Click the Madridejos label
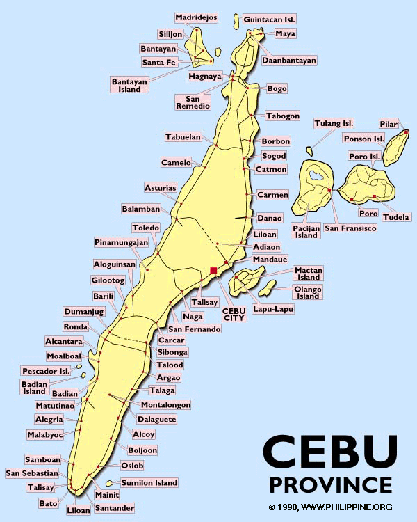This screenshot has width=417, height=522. (x=195, y=17)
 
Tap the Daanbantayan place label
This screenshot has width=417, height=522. (x=288, y=61)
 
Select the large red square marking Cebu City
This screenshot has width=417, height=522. (x=213, y=270)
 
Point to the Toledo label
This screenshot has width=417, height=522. (x=146, y=228)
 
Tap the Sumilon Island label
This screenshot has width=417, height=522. (x=149, y=482)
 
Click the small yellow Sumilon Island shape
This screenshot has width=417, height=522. (x=109, y=484)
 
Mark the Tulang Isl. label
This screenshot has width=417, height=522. (x=334, y=123)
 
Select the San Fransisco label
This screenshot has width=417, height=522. (x=350, y=228)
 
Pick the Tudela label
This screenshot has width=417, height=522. (x=397, y=216)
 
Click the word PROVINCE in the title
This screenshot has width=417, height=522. (x=330, y=484)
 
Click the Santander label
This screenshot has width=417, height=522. (x=114, y=508)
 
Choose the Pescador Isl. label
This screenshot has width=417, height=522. (x=46, y=371)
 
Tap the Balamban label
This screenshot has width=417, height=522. (x=141, y=209)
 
